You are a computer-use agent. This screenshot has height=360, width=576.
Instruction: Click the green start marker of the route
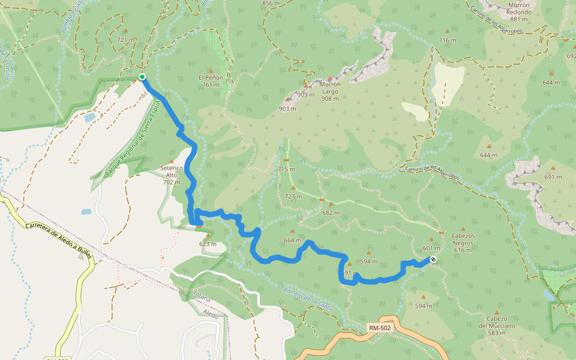pos(142,77)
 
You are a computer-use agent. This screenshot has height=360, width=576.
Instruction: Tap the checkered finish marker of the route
pos(433,259)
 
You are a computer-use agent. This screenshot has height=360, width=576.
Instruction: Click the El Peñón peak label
pos(211,81)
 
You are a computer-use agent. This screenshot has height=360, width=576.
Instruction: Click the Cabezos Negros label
pos(463,243)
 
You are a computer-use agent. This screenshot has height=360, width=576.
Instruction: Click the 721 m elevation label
pos(127,40)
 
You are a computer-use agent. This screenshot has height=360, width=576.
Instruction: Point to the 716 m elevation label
pos(448,40)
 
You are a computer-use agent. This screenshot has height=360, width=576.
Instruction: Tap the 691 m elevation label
pos(553,176)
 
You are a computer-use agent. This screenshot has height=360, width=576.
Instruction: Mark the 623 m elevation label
pos(208,244)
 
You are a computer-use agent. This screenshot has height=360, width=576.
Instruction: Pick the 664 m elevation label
pos(292,240)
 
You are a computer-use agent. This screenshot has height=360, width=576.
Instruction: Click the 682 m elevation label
pos(331,212)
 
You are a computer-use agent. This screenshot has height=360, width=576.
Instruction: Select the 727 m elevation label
pos(293,196)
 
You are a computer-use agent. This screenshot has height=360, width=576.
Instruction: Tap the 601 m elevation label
pos(431,248)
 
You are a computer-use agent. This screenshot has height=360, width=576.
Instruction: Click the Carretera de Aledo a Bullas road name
pos(58,240)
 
